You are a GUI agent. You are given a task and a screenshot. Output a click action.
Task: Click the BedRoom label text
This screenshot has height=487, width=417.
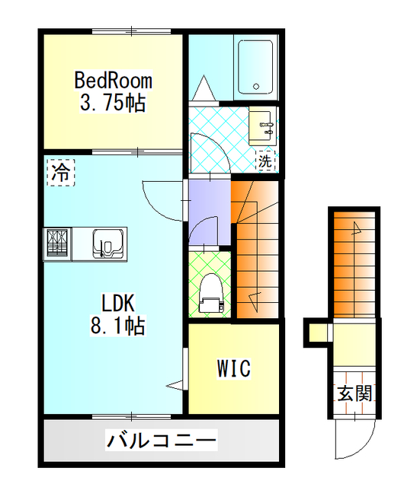pyautogui.click(x=113, y=80)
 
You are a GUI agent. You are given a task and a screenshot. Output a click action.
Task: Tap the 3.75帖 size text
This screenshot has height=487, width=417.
pyautogui.click(x=113, y=103)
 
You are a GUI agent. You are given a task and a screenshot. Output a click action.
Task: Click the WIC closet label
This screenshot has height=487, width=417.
pyautogui.click(x=233, y=370)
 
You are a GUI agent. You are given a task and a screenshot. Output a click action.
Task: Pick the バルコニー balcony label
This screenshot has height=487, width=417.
pyautogui.click(x=162, y=440)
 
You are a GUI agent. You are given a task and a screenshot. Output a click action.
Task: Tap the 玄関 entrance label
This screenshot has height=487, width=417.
pyautogui.click(x=354, y=393)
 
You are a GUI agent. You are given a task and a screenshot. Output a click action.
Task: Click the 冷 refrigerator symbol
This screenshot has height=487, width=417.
pyautogui.click(x=60, y=171)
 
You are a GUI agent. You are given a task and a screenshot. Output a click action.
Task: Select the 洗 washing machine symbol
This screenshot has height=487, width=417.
pyautogui.click(x=264, y=161)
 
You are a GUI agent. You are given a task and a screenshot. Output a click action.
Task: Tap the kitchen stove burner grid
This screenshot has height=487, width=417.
pyautogui.click(x=58, y=244)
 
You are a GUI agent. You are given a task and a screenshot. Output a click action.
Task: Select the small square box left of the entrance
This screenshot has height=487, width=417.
pyautogui.click(x=315, y=333)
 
